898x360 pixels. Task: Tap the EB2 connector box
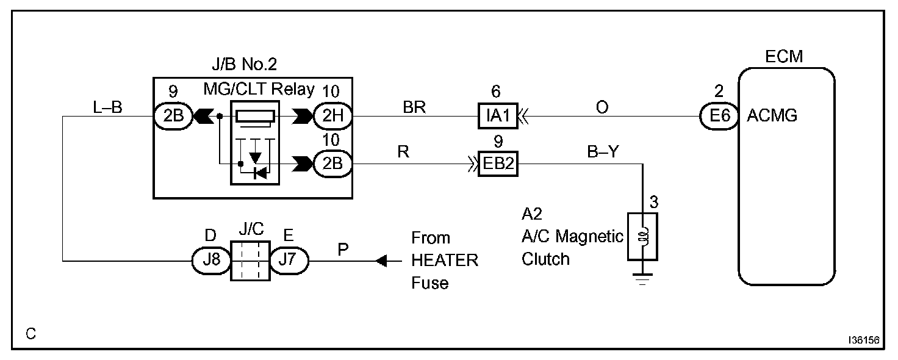[498, 164]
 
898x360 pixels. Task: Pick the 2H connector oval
[333, 115]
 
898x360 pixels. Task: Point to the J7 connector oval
[289, 261]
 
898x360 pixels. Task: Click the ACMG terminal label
[772, 116]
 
